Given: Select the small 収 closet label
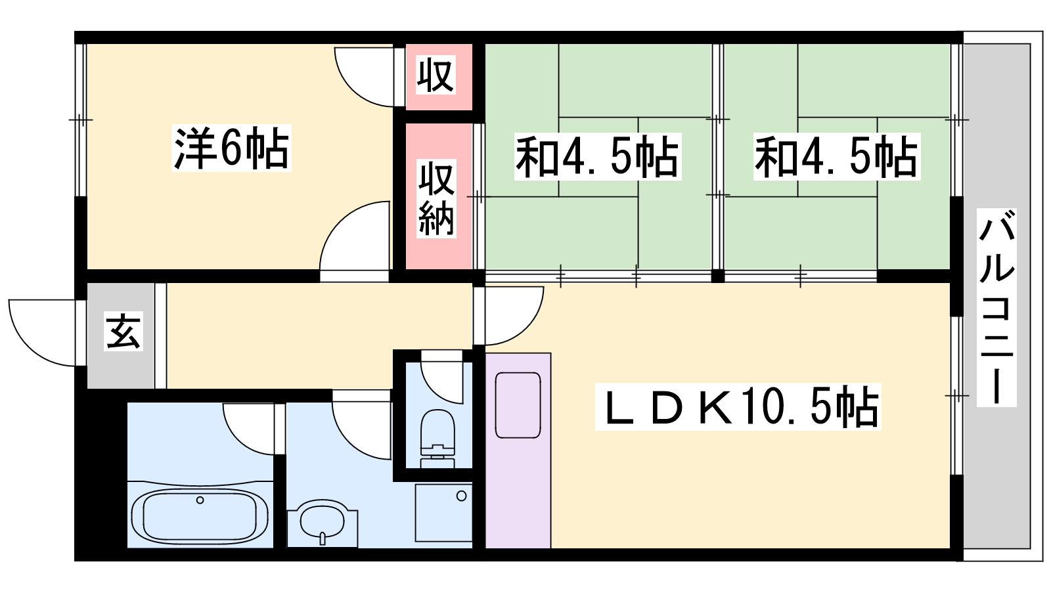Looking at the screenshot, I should coord(436,75).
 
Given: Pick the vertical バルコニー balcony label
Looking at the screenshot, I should coord(996,307).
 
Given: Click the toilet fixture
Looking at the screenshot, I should coord(437,437).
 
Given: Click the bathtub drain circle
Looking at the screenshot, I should coord(200,500).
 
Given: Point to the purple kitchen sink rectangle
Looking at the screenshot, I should coord(518,405).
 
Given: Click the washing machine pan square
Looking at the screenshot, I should coord(443,512).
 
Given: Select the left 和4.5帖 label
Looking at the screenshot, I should coord(596,157).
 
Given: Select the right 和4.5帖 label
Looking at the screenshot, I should coord(836,157).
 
